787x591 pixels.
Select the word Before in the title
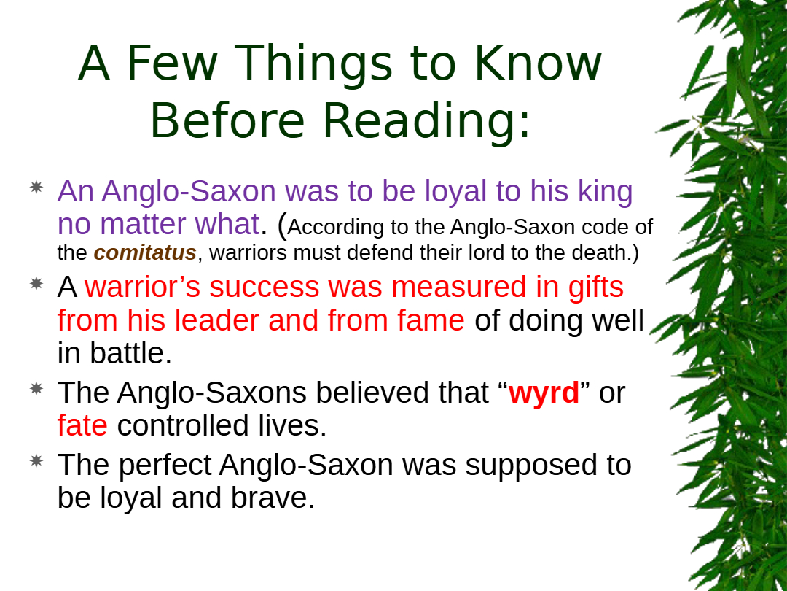point(227,120)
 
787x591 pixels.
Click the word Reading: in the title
point(426,122)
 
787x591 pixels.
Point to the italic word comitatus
point(145,252)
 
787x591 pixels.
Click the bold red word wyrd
point(544,394)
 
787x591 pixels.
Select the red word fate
point(82,425)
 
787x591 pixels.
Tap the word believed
point(372,392)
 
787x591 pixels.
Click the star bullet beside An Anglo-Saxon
point(36,188)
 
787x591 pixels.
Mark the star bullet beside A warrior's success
point(36,283)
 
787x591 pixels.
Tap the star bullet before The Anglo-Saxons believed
point(36,388)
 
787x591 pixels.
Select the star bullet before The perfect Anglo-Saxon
point(36,461)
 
